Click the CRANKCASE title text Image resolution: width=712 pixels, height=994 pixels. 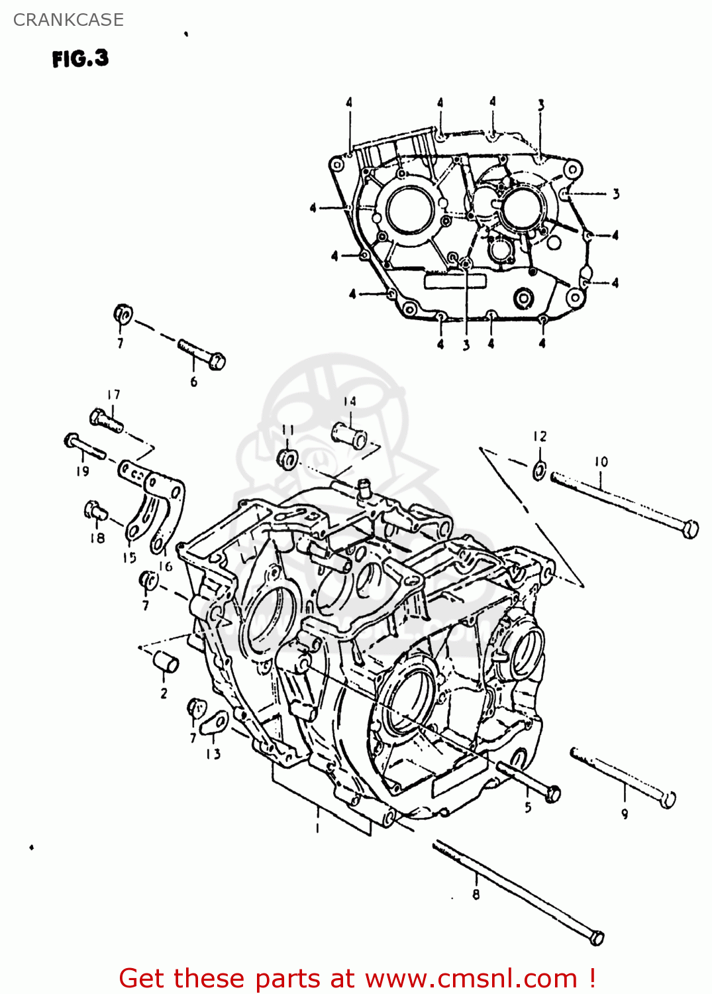point(68,20)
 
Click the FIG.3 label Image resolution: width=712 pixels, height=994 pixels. point(80,59)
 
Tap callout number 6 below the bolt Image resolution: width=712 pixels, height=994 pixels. point(193,382)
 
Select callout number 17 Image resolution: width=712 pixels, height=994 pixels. point(114,395)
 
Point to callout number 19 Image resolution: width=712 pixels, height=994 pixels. point(82,472)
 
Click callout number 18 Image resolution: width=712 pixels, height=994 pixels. point(97,538)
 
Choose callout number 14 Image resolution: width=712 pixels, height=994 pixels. point(350,402)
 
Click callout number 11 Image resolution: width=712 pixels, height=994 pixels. point(287,430)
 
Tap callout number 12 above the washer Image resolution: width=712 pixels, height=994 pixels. point(540,437)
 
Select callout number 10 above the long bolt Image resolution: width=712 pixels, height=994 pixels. point(601,462)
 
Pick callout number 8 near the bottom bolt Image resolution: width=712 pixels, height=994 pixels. point(476,895)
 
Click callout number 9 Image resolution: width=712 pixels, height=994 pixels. point(625,814)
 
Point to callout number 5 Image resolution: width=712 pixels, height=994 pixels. point(528,807)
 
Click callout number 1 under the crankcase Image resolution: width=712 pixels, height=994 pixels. point(317,828)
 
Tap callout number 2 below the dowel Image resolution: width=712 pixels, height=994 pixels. point(164,694)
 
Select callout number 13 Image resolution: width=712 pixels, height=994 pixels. point(213,754)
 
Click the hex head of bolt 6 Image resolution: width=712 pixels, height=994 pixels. point(217,361)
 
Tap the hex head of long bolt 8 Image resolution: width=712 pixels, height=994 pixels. point(596,937)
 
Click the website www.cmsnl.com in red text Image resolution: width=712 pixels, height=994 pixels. point(471,979)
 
